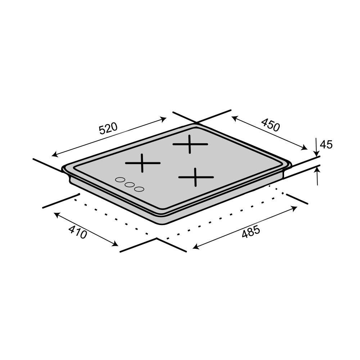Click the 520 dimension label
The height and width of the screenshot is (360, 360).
(108, 129)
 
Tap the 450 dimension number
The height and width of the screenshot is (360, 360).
(270, 125)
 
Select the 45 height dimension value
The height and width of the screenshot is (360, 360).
(326, 145)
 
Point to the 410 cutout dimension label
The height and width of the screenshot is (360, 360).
(78, 232)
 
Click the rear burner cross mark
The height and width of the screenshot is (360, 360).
(190, 144)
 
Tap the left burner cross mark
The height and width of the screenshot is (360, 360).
(143, 163)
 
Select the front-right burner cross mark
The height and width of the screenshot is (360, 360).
(196, 177)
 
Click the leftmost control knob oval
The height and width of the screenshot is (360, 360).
(120, 180)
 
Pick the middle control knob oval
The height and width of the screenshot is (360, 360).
(130, 184)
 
